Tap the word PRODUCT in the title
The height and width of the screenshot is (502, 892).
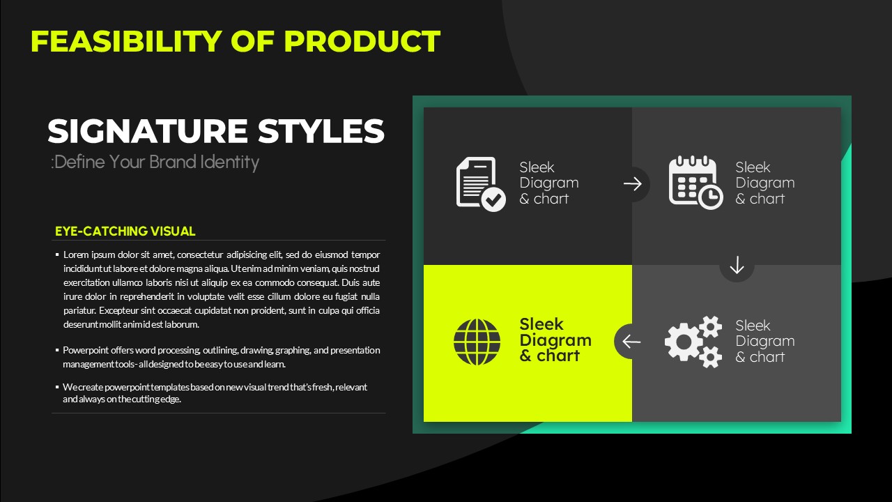(362, 41)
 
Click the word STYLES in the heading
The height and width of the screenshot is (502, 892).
(321, 131)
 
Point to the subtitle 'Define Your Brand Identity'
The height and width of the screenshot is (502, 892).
(155, 162)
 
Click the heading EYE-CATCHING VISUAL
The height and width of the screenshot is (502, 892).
(125, 231)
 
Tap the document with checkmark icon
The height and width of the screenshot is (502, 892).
(481, 183)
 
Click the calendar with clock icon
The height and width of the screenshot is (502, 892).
(695, 183)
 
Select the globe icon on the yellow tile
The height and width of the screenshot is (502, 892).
(477, 342)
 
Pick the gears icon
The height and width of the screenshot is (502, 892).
(693, 342)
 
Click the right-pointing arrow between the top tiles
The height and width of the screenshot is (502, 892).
(632, 184)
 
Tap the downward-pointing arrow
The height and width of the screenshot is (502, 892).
(737, 265)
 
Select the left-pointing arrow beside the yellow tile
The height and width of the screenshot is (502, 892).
(631, 342)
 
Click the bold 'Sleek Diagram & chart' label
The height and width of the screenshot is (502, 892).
(555, 340)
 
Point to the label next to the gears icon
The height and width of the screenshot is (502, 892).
(765, 341)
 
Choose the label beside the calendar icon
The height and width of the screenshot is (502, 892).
(765, 183)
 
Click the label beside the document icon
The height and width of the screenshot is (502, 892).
(549, 183)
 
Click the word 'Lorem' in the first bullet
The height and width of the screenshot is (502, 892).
(76, 254)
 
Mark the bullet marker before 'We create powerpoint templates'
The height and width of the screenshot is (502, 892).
(57, 386)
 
